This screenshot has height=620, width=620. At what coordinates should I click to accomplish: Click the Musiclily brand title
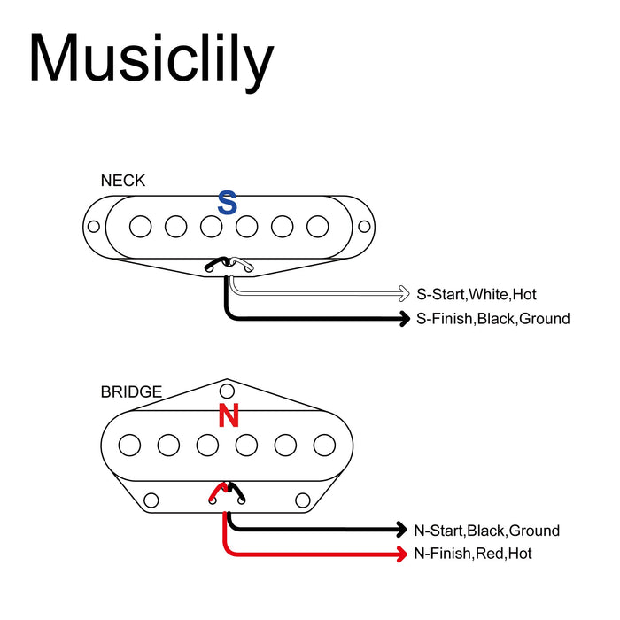coord(151,58)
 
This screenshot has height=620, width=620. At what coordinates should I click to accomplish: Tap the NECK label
coord(123,181)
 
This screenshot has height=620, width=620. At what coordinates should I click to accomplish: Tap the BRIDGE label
coord(131,391)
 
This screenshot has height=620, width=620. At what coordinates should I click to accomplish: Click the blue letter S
coord(228,203)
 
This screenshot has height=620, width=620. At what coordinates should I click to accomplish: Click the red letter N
coord(229,415)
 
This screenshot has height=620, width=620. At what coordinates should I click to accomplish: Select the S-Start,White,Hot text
coord(477,294)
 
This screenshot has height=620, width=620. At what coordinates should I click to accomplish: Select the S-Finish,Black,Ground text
coord(493,318)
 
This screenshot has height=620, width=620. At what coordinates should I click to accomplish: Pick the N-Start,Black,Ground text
coord(487,531)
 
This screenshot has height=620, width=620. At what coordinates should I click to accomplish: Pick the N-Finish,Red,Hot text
coord(473,554)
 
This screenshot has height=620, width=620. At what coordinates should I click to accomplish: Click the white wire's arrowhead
coord(404,294)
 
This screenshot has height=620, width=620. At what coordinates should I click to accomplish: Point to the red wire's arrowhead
coord(402,554)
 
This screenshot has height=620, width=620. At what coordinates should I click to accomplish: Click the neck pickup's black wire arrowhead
coord(404,318)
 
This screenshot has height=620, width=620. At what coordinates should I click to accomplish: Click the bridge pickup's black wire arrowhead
coord(402,531)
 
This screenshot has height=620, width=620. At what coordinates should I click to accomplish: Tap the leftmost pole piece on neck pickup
coord(140,227)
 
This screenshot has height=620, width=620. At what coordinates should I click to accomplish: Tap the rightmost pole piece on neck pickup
coord(317,227)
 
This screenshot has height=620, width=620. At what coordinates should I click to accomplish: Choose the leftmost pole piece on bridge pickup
coord(130,443)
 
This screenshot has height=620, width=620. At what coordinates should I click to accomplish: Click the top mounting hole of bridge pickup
coord(228,391)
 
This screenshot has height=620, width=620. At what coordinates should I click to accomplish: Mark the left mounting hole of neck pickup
coord(93,226)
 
